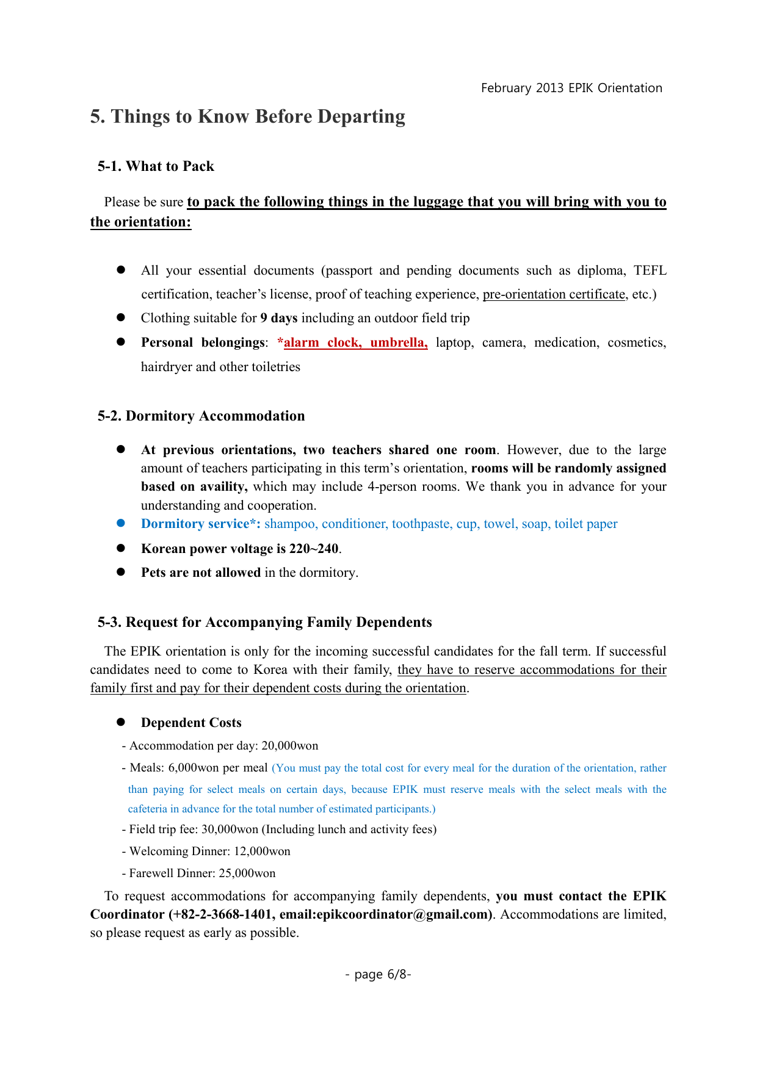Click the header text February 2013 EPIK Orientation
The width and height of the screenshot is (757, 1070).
[x=571, y=88]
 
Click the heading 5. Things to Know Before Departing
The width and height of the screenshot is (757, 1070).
[x=247, y=117]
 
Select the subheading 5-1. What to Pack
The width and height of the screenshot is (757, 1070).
[x=156, y=167]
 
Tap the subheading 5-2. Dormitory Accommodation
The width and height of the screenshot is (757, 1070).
[x=201, y=416]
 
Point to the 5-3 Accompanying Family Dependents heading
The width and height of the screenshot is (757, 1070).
[x=264, y=622]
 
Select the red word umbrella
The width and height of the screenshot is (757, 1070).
[x=399, y=342]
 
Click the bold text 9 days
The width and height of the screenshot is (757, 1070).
[x=278, y=318]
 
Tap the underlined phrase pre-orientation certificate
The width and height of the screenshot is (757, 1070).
[x=554, y=294]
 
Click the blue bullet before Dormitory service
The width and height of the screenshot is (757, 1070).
[x=121, y=523]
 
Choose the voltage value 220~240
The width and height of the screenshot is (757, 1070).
[x=314, y=548]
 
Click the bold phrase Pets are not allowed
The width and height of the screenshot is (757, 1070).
[x=201, y=573]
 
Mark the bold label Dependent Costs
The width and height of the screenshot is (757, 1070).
[x=191, y=723]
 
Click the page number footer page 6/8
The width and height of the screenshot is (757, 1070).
[x=378, y=974]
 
